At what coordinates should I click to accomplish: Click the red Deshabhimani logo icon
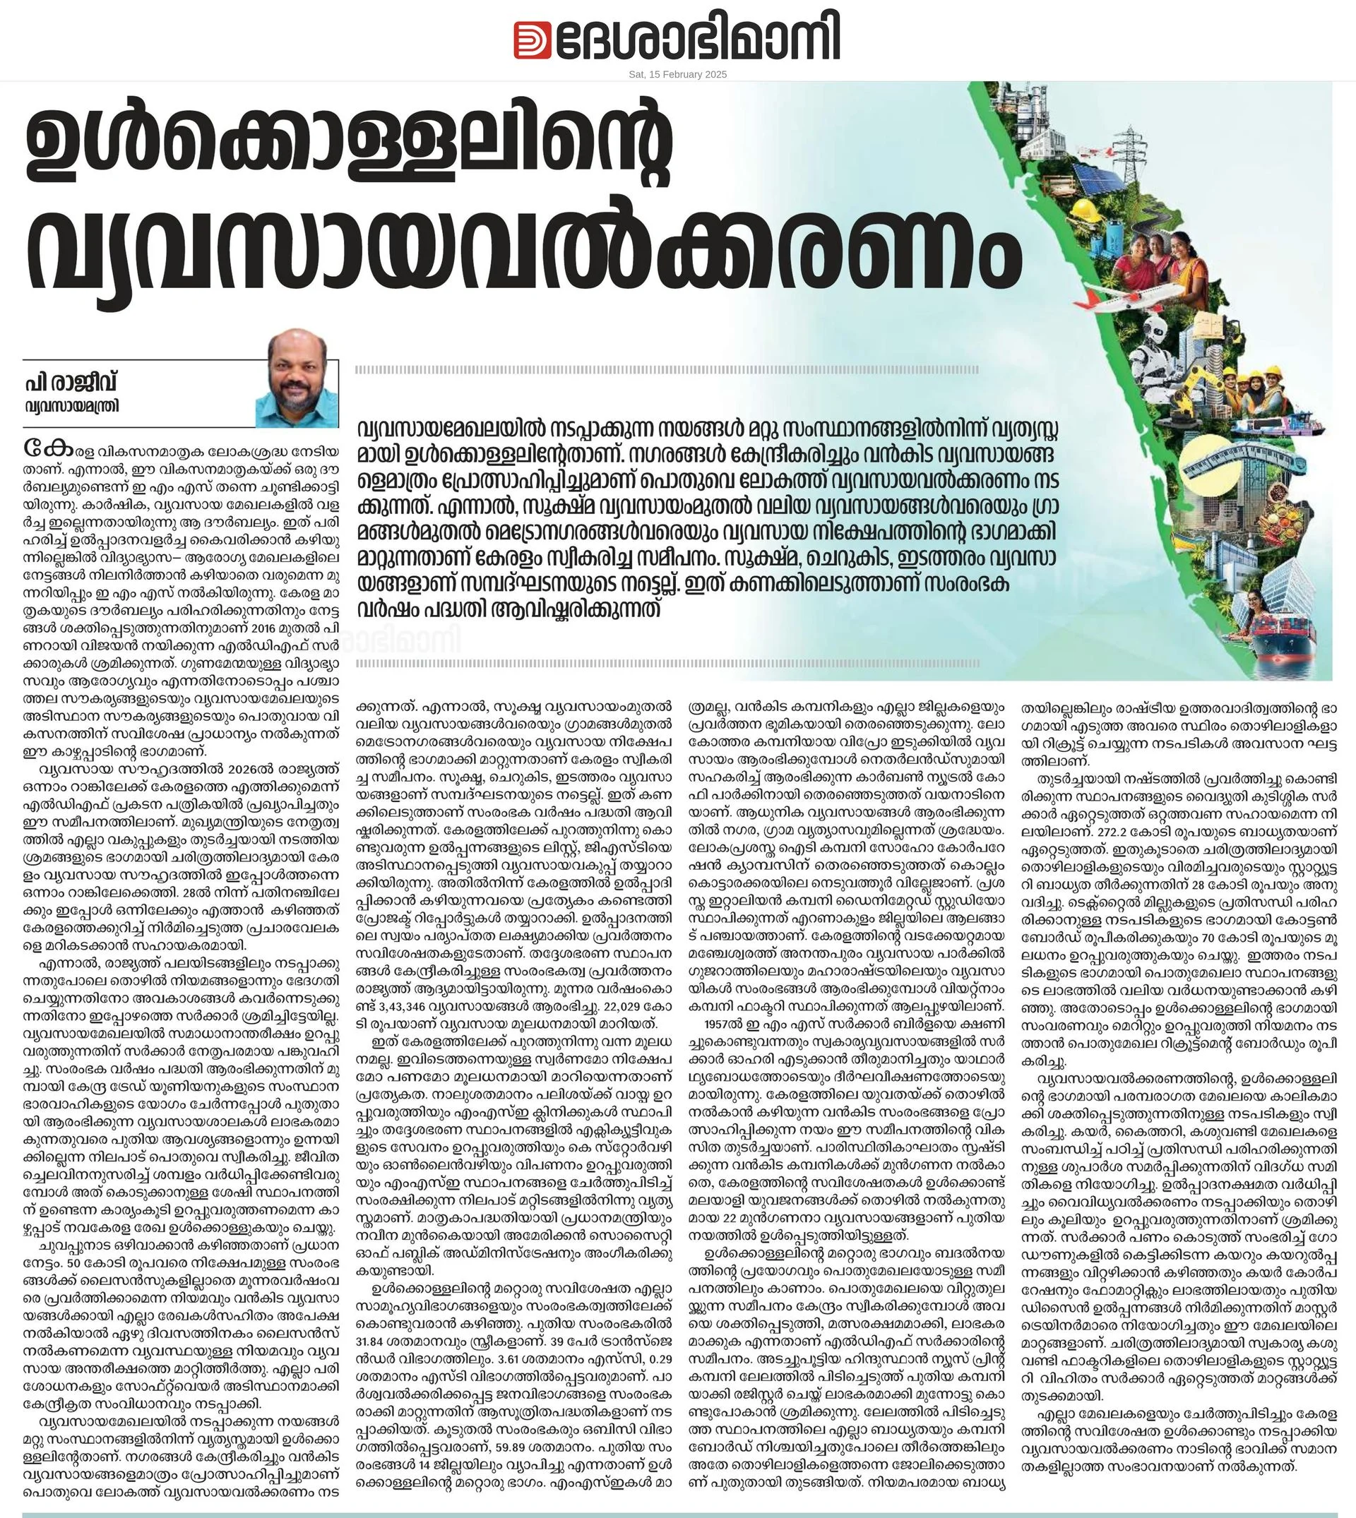pyautogui.click(x=532, y=40)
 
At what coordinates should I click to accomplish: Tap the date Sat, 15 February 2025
pyautogui.click(x=677, y=74)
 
